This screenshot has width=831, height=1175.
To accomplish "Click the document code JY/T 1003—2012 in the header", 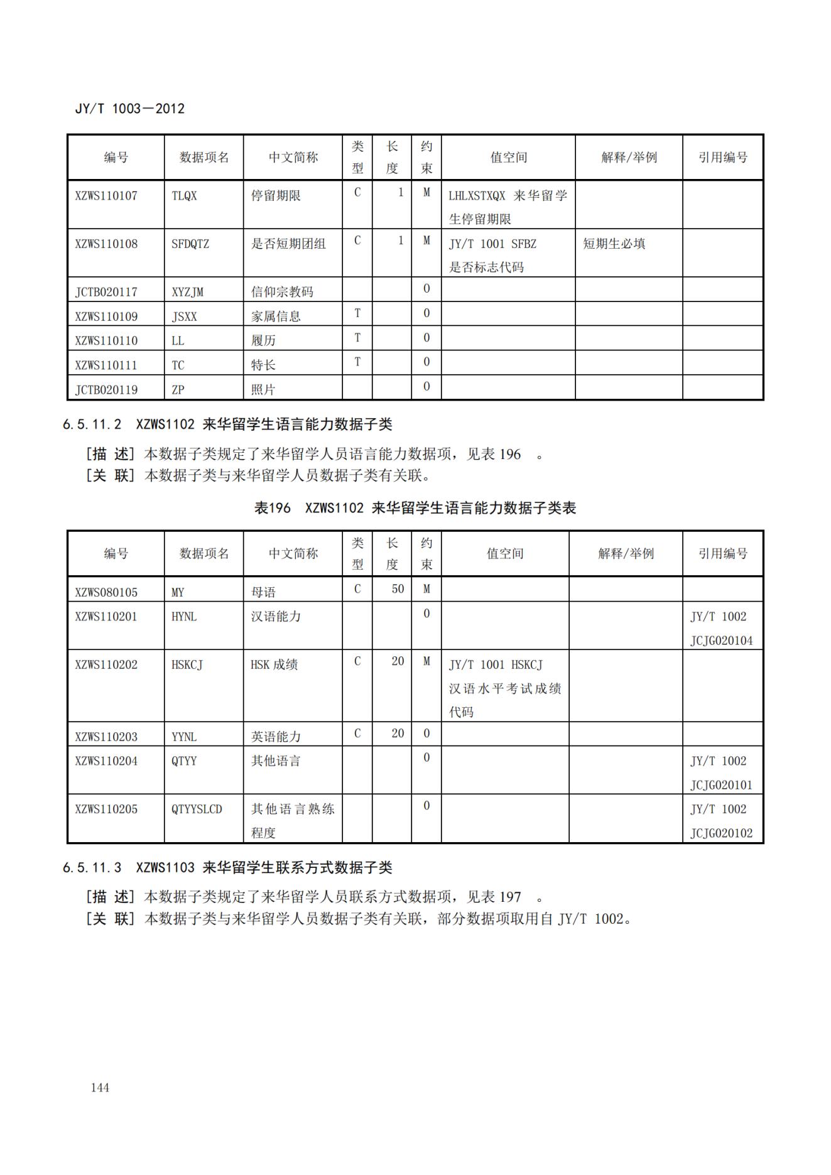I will tap(130, 109).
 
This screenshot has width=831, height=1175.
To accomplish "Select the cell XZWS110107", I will tap(106, 196).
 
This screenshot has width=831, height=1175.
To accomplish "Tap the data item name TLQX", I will tap(184, 196).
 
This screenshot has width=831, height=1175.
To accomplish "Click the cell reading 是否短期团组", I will tap(288, 244).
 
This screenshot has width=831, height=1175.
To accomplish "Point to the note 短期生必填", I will tap(614, 244).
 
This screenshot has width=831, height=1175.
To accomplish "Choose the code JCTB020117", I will tap(106, 292).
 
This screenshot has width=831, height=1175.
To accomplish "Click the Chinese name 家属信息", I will tap(276, 317).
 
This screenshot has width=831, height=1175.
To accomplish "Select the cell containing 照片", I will tap(263, 389).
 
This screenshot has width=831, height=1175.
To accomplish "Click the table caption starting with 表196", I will tap(415, 508).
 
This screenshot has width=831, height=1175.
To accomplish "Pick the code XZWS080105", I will tap(106, 592).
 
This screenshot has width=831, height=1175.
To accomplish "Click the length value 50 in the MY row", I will tap(398, 589).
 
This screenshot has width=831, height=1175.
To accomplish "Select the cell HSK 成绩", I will tap(274, 664).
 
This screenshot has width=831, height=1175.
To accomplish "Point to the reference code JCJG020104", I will tap(721, 641).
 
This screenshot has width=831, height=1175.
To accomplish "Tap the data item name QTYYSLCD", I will tap(197, 809).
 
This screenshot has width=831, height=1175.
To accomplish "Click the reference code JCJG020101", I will tap(721, 785).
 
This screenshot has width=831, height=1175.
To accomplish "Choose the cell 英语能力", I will tap(276, 737).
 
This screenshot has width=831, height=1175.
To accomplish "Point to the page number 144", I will tap(100, 1088).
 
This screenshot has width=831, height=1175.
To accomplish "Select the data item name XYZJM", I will tap(187, 292).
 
